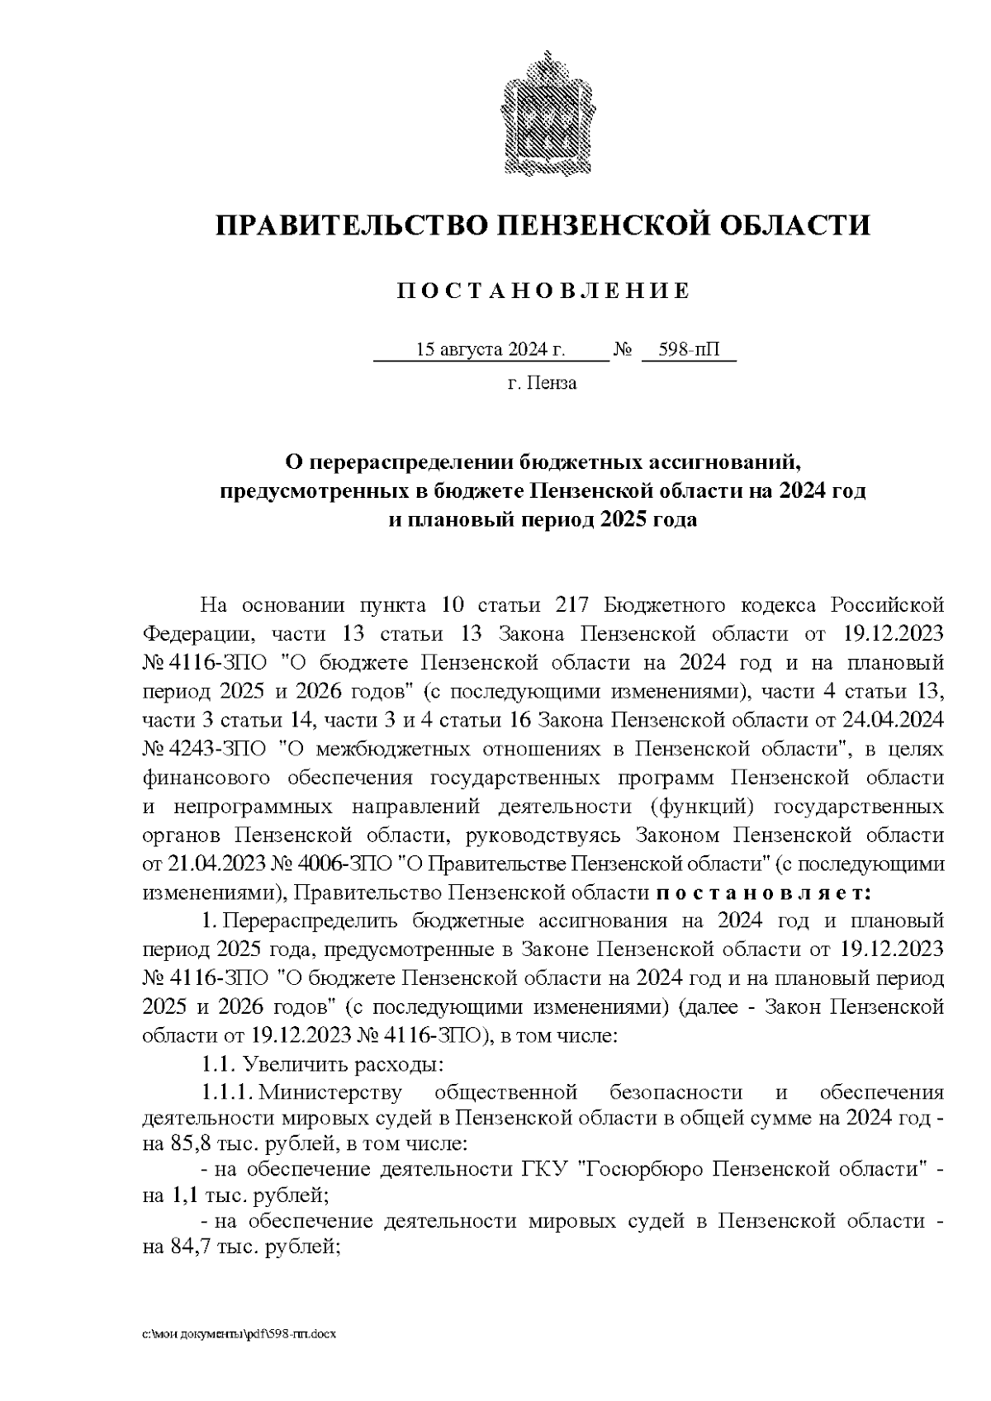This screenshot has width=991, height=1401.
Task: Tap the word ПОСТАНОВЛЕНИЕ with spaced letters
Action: (x=543, y=291)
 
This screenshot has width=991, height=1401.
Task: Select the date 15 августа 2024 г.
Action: (x=490, y=349)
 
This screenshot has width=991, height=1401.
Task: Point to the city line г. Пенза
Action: (x=543, y=383)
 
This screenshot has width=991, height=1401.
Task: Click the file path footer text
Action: (x=239, y=1334)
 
